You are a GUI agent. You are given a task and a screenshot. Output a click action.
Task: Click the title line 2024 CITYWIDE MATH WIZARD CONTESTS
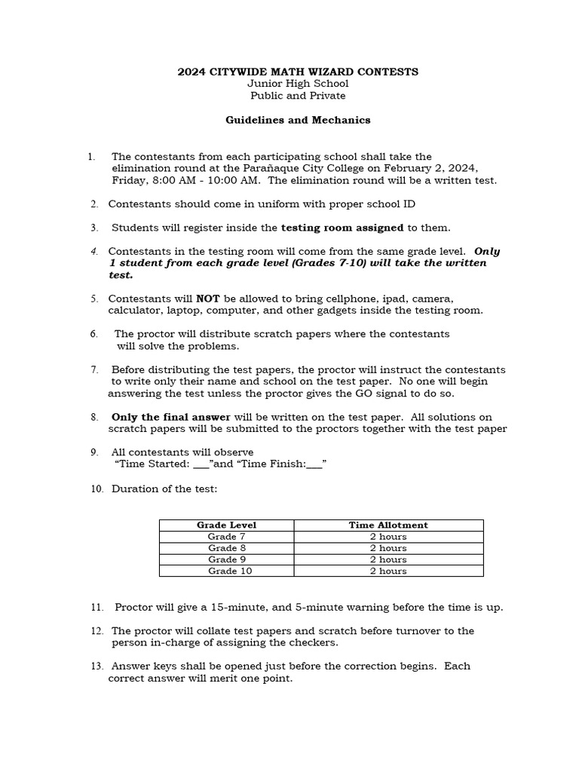pyautogui.click(x=297, y=72)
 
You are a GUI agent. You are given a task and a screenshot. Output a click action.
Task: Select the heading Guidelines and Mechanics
pyautogui.click(x=298, y=120)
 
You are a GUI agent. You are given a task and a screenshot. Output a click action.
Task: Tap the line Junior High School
pyautogui.click(x=298, y=84)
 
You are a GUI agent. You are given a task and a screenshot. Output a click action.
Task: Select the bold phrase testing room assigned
pyautogui.click(x=342, y=228)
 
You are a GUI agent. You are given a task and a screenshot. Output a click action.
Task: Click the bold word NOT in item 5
pyautogui.click(x=207, y=299)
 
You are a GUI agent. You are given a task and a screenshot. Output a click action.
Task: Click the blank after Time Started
pyautogui.click(x=201, y=464)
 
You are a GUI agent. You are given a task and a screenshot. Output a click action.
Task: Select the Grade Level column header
pyautogui.click(x=226, y=525)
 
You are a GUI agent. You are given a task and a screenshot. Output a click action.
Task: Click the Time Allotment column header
pyautogui.click(x=388, y=525)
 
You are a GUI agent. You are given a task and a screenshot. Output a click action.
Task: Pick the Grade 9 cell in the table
pyautogui.click(x=226, y=559)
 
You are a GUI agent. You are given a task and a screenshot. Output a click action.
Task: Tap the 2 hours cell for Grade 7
pyautogui.click(x=388, y=536)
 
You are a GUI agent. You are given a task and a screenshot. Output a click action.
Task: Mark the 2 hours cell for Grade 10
pyautogui.click(x=388, y=571)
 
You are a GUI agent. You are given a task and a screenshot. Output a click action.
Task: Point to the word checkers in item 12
pyautogui.click(x=317, y=643)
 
